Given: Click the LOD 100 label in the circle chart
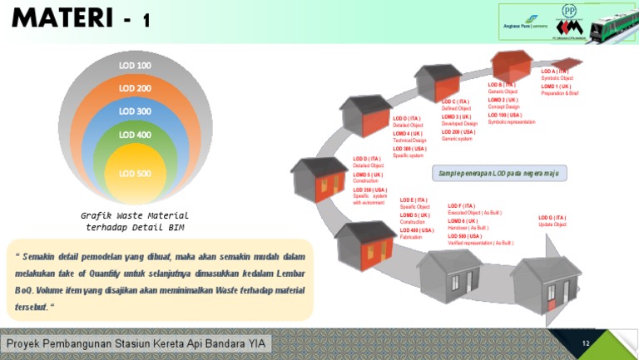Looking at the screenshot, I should coord(135,66).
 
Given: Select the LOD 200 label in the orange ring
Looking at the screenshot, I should coord(135,88).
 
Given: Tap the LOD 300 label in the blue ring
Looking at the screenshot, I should coord(135,111).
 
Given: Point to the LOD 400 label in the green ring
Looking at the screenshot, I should coord(135,135).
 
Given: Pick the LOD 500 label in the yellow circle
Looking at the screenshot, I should coord(135,173).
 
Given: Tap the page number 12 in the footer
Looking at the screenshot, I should coord(586,343).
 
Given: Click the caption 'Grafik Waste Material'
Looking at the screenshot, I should coord(135,215).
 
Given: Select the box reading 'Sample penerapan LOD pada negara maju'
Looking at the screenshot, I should coord(498,173).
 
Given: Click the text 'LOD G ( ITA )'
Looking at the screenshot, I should coord(552,218).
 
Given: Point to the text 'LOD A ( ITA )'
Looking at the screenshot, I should coord(554,72).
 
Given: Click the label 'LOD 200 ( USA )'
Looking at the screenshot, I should coord(458,132).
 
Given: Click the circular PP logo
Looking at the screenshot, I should coord(546,11).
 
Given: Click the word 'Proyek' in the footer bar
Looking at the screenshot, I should coord(24,344).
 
